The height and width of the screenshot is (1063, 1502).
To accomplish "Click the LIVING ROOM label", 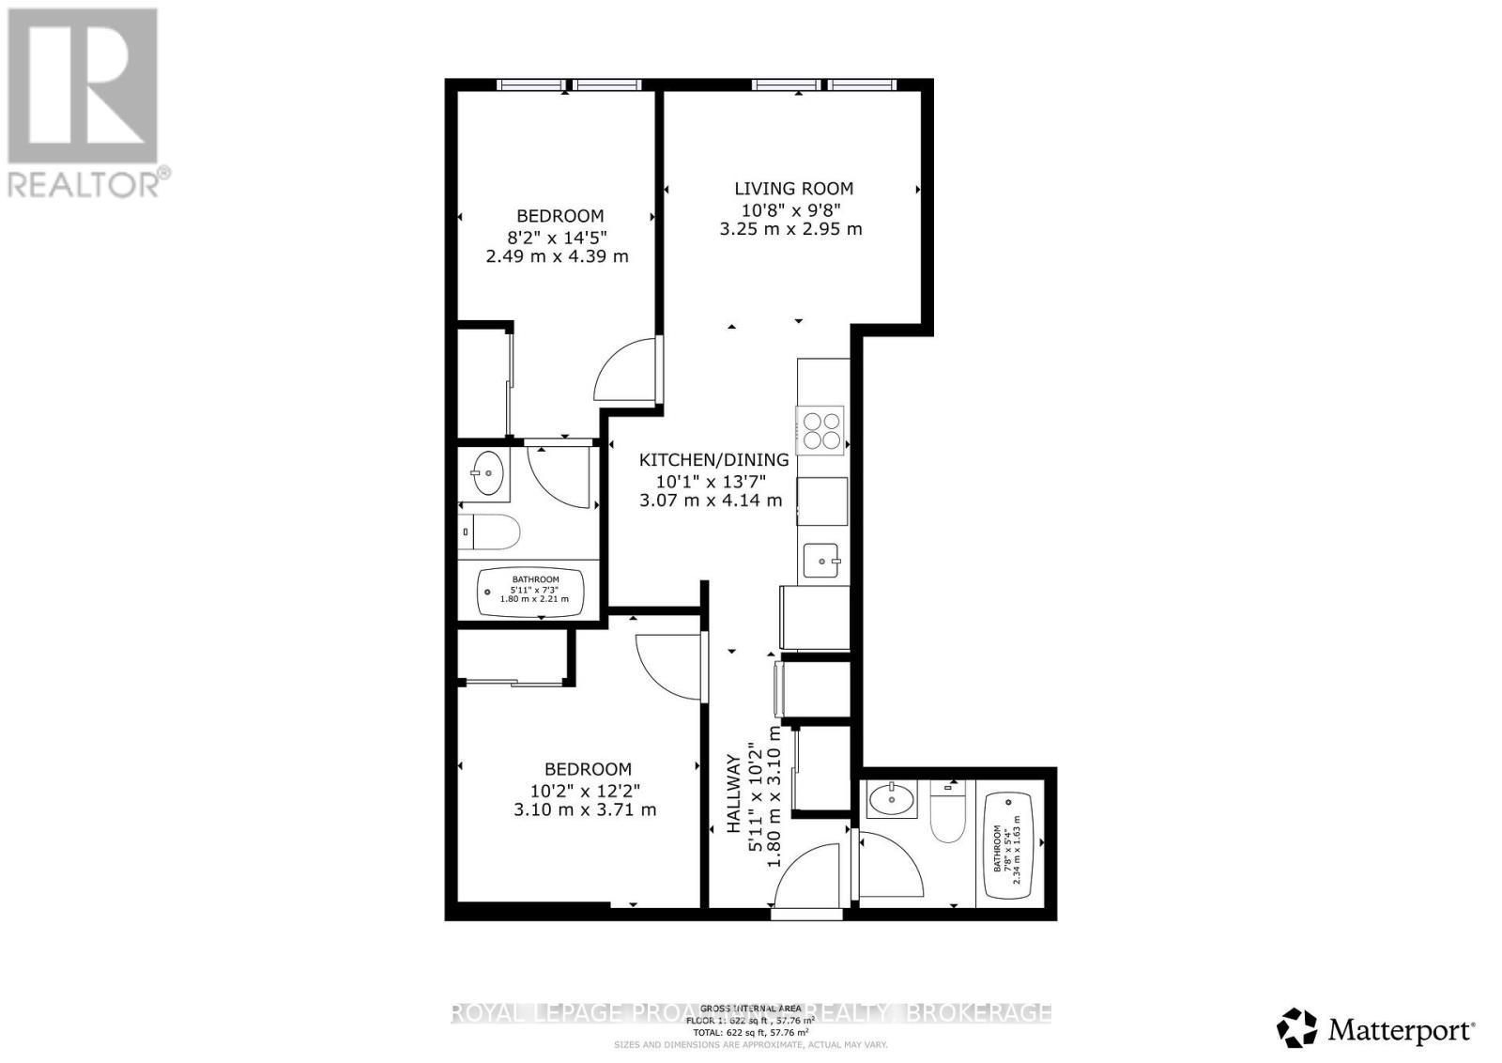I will pos(793,189).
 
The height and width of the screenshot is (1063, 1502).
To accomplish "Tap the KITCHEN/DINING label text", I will pos(713,460).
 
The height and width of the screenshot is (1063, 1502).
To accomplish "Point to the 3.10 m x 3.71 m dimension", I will pos(585,809).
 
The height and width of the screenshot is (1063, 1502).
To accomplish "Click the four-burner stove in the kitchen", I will pos(820,429).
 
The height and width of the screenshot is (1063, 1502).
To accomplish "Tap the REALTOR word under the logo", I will pos(84,183).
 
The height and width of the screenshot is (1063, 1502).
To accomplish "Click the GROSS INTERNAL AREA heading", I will pos(750,1008).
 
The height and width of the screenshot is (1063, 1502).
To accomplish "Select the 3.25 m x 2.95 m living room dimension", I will pos(790,229).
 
